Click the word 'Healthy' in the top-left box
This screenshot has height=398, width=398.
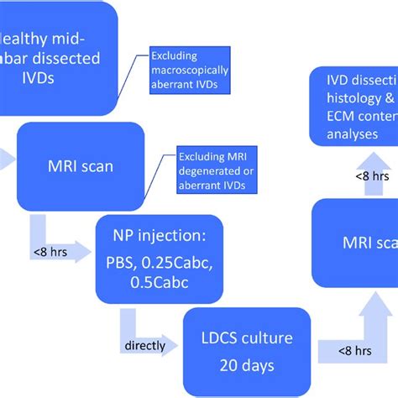tap(25, 38)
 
